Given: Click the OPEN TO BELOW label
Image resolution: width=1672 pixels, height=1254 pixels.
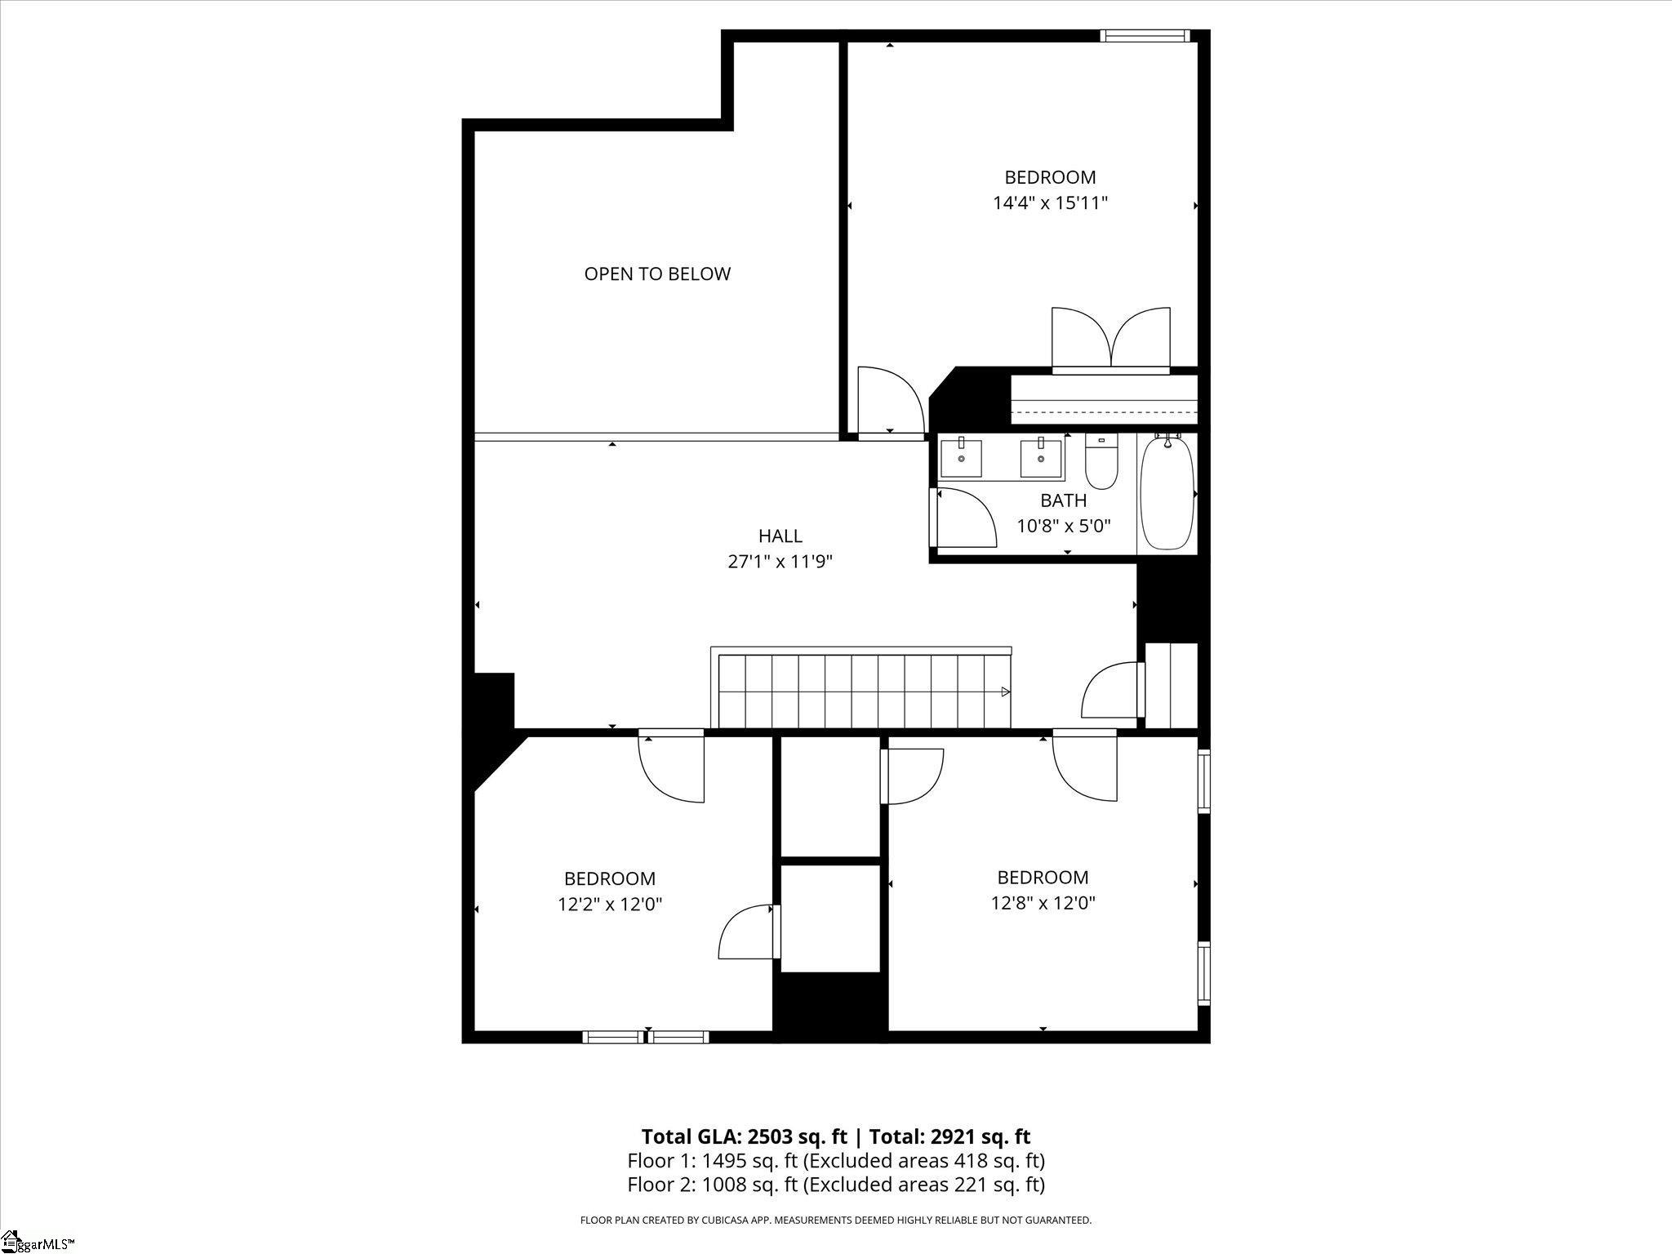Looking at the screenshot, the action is tap(657, 274).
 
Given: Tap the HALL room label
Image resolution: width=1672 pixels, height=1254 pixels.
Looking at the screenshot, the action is tap(780, 536).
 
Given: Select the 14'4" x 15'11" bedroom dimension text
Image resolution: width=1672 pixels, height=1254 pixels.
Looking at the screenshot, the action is tap(1050, 203).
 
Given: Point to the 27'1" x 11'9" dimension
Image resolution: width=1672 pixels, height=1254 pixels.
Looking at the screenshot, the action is tap(780, 562).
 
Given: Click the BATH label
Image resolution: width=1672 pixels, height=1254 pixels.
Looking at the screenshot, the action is tap(1063, 500).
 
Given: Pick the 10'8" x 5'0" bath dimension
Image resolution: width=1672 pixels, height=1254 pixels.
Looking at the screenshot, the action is tap(1063, 526).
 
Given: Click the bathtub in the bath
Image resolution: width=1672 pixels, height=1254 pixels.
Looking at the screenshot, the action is tap(1167, 493).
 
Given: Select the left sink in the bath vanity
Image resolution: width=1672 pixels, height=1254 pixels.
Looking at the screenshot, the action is tap(961, 457).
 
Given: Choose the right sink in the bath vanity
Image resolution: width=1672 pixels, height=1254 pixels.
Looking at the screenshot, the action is tap(1041, 457).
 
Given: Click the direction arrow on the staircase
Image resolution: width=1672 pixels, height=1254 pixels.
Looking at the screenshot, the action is tap(1006, 691).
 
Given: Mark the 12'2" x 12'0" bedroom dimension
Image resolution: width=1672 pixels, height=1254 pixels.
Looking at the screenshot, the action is tap(609, 905).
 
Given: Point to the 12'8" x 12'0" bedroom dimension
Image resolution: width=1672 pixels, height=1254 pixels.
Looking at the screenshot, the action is tap(1043, 903).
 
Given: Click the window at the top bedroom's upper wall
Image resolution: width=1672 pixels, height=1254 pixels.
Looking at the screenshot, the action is tap(1145, 35).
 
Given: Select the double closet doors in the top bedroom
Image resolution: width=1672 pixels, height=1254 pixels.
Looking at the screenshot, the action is tap(1111, 340).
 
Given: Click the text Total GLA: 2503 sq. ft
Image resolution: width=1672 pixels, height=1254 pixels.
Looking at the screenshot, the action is tap(744, 1136).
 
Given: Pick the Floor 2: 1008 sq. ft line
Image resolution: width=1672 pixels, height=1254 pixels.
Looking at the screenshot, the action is tap(836, 1184).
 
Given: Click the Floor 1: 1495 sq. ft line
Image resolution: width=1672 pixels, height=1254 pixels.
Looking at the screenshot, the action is tap(836, 1160).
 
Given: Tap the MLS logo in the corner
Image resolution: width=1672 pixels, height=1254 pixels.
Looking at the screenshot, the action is tap(38, 1243).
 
